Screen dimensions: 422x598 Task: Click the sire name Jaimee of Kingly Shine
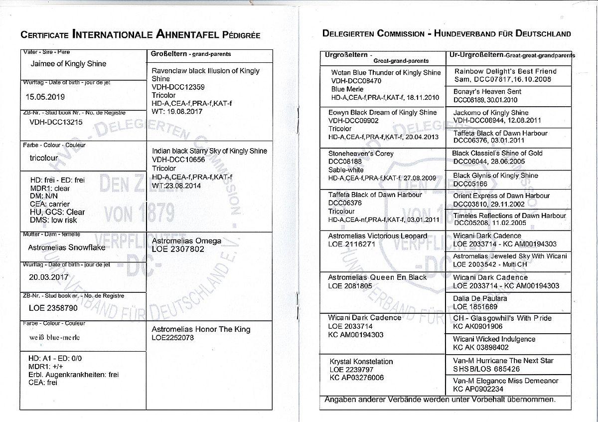(x=68, y=64)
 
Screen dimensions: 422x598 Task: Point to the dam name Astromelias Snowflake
(x=67, y=247)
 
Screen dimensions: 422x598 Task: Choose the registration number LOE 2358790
(x=52, y=308)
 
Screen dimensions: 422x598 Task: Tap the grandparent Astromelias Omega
(x=186, y=240)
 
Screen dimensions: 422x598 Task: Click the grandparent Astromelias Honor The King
(x=201, y=329)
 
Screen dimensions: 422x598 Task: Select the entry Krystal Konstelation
(x=361, y=361)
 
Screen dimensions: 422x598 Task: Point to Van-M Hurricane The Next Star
(x=503, y=361)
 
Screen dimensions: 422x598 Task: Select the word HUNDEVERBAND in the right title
(x=471, y=34)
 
